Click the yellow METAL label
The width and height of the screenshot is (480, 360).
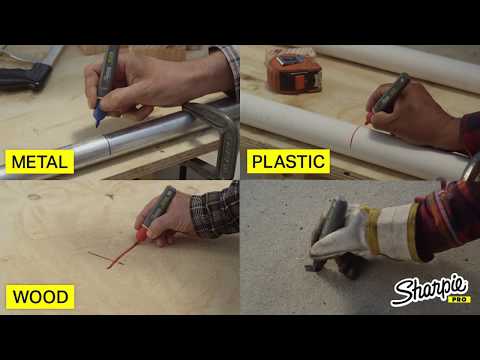click(x=40, y=162)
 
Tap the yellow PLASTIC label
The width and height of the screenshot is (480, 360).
click(x=288, y=162)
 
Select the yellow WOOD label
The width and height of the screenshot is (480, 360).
click(x=40, y=297)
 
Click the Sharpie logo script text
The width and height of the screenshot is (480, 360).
click(x=430, y=289)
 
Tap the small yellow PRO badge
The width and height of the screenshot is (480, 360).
click(x=459, y=299)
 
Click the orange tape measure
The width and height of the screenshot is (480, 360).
click(x=294, y=74)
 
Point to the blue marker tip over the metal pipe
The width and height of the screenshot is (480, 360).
click(x=98, y=115)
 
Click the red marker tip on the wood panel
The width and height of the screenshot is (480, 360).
click(x=141, y=235)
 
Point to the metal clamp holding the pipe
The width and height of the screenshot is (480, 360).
click(x=218, y=133)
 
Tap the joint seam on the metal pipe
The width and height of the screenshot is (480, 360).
click(x=107, y=147)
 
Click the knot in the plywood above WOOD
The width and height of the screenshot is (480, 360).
click(x=34, y=197)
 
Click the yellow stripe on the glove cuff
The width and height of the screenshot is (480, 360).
click(x=413, y=230)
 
